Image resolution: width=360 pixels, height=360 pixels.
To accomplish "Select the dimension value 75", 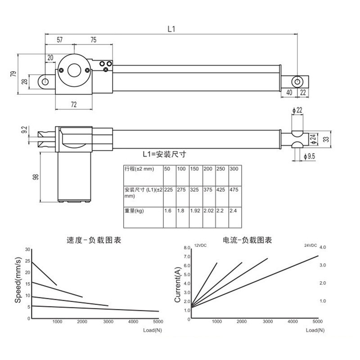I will (x=93, y=40).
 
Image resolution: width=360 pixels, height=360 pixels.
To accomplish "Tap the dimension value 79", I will (x=13, y=73).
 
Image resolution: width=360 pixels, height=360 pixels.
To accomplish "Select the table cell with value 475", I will (x=234, y=189).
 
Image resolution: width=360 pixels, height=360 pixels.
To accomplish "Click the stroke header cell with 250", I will (x=222, y=168).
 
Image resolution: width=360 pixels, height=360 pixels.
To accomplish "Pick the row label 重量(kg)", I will (x=134, y=210).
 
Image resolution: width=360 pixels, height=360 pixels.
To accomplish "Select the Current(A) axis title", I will (x=177, y=284).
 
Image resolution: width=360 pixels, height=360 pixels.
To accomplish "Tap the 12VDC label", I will (x=200, y=244).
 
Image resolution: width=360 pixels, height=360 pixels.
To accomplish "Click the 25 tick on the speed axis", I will (x=28, y=261).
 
